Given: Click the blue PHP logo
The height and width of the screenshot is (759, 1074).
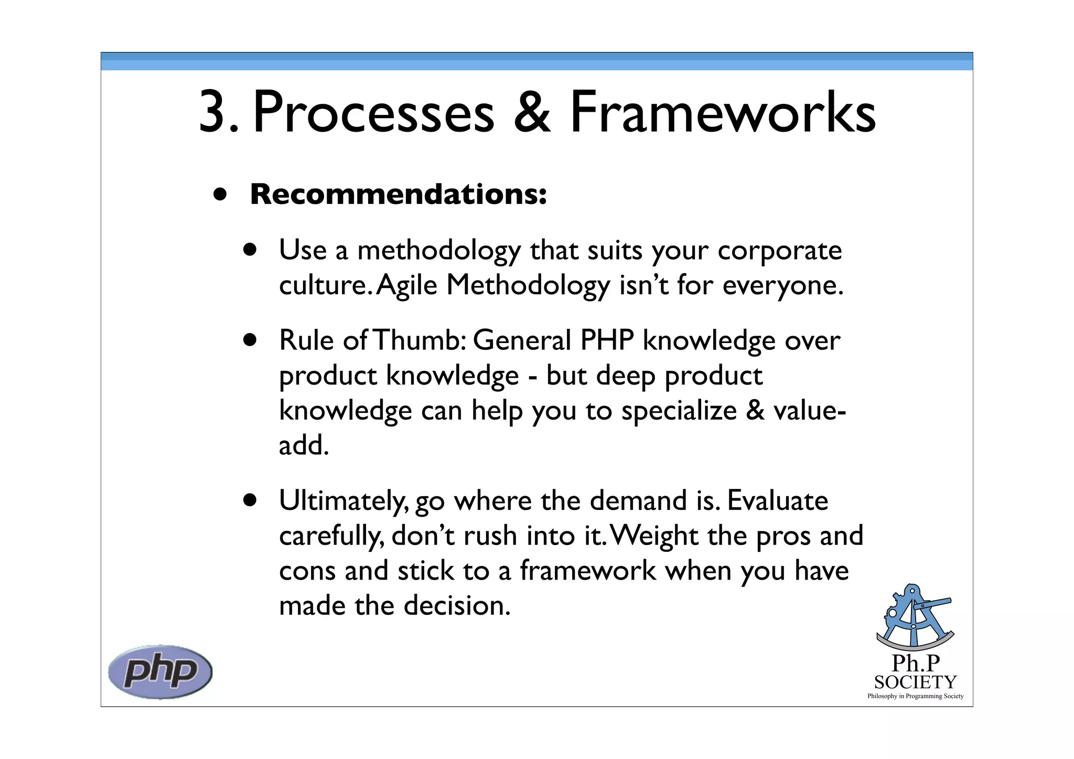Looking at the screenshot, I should click(160, 672).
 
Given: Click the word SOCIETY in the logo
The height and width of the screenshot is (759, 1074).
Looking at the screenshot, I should click(915, 682).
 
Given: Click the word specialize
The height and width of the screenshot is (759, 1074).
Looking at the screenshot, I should click(679, 411).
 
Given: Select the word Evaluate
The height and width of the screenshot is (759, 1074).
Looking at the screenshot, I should click(777, 500).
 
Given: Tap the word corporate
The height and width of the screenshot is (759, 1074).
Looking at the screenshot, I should click(779, 251).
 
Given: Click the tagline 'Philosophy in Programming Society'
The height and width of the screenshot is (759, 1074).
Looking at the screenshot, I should click(915, 696).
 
